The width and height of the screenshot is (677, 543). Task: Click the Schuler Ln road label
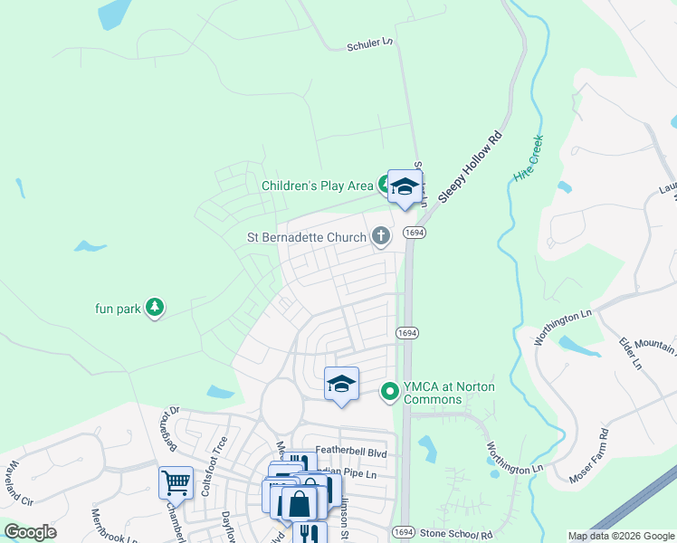tap(371, 44)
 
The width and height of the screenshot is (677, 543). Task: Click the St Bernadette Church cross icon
tap(381, 237)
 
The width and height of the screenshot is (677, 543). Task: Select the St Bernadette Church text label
tap(307, 238)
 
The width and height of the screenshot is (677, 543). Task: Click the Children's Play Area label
tap(317, 186)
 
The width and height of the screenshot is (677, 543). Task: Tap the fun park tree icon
tap(156, 308)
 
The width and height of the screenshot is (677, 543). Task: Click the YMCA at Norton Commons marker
tap(390, 391)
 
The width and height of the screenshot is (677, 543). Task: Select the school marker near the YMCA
tap(341, 385)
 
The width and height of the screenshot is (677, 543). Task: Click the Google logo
tap(30, 532)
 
